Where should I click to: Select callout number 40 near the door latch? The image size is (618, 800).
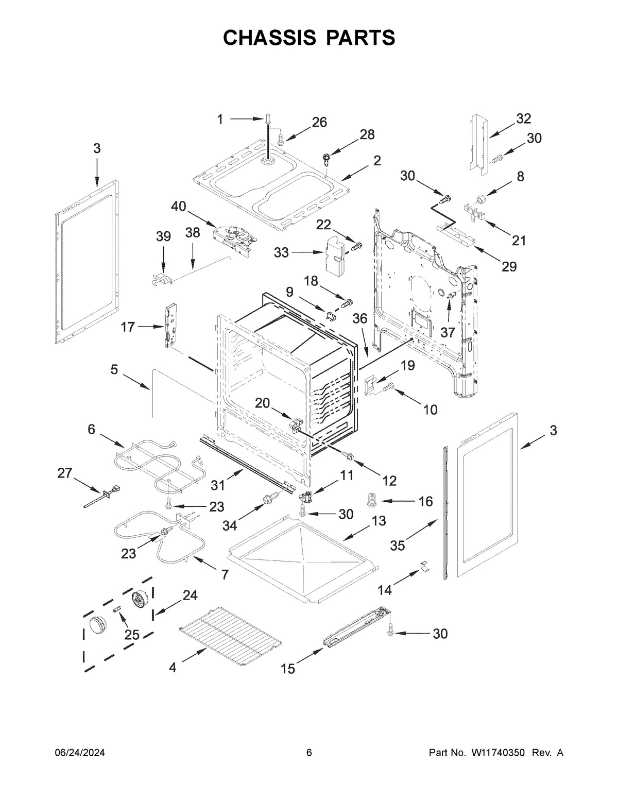click(179, 207)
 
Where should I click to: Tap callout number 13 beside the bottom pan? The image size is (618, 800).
click(379, 521)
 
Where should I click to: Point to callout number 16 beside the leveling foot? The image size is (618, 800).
click(425, 501)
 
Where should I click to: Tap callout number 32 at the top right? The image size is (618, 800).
click(523, 119)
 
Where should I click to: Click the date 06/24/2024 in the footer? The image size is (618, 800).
click(80, 753)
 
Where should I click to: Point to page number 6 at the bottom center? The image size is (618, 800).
click(309, 753)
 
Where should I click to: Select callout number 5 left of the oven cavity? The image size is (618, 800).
click(114, 369)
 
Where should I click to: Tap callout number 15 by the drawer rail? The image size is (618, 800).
click(288, 669)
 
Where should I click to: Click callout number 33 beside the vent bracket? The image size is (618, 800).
click(281, 252)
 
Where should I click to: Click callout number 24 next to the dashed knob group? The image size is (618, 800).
click(190, 595)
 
